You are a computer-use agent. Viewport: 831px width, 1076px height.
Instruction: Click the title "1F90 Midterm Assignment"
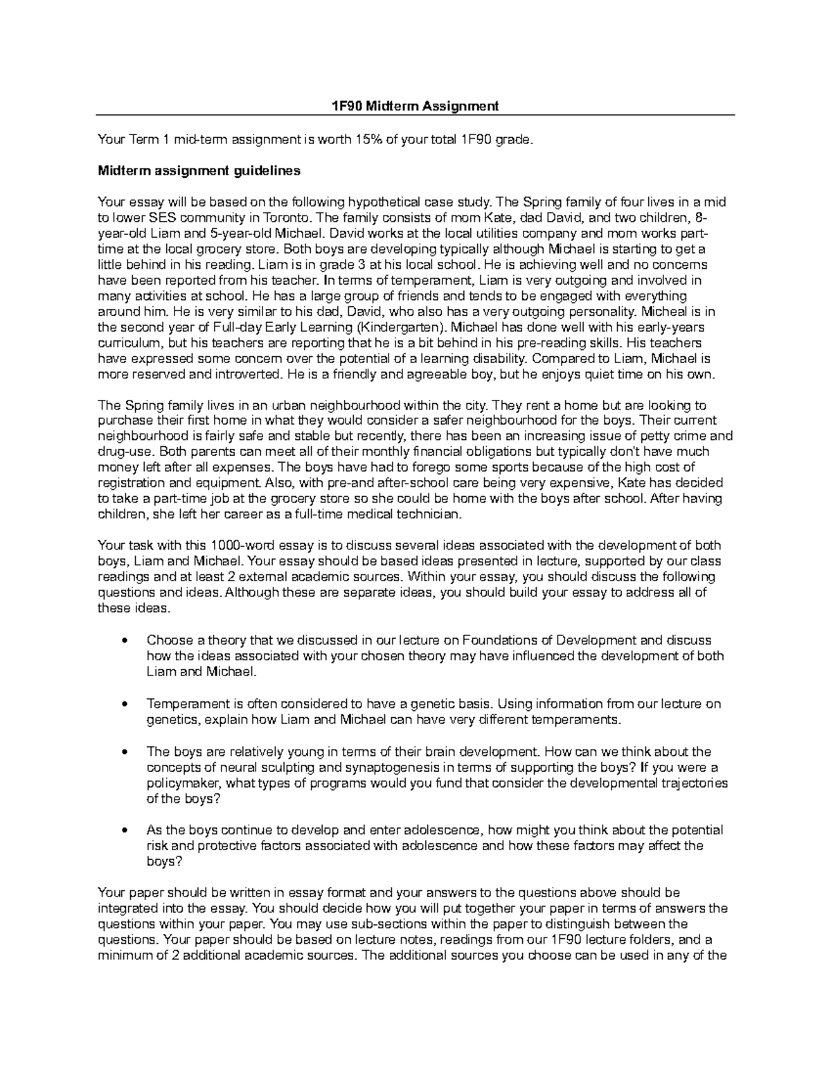click(x=415, y=106)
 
